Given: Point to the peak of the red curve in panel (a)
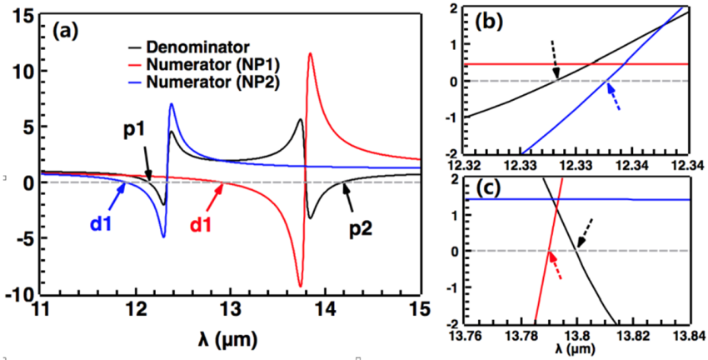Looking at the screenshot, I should [x=310, y=54].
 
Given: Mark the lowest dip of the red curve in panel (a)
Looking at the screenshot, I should [x=300, y=286].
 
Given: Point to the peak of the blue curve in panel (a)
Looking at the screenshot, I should [x=172, y=104].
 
